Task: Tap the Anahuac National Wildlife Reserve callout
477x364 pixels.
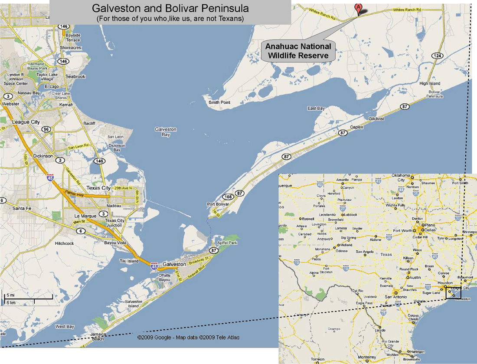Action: point(298,51)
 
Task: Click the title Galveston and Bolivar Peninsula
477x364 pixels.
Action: point(170,8)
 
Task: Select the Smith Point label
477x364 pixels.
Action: point(219,102)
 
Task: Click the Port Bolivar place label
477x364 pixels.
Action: point(218,204)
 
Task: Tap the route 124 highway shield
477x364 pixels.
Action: point(438,56)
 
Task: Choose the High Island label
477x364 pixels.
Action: point(429,83)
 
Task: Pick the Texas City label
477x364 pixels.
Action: point(99,188)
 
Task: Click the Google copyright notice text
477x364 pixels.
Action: point(188,337)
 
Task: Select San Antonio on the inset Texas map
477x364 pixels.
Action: point(395,297)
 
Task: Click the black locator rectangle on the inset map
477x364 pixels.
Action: point(453,293)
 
